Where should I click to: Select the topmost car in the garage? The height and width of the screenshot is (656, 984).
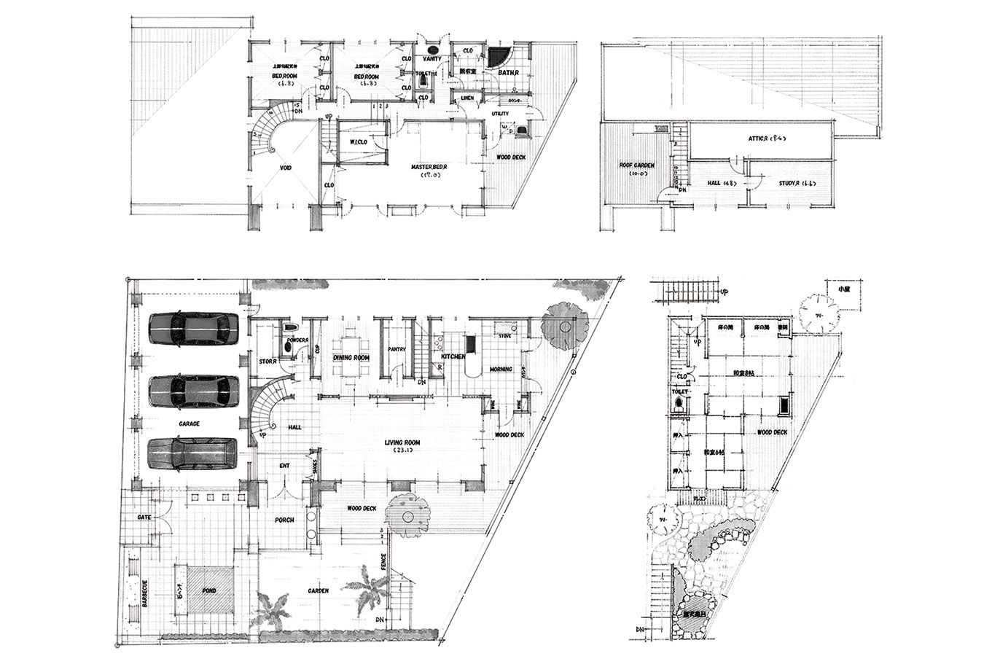pos(194,328)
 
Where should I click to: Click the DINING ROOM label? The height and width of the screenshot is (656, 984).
pos(352,358)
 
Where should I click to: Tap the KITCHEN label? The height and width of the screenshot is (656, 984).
pos(453,356)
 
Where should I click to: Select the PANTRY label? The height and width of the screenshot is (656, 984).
pos(397,349)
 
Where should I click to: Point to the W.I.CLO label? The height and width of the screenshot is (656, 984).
pos(359,142)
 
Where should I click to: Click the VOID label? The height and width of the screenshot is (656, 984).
pos(286,168)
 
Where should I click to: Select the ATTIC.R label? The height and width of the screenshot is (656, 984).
pos(762,138)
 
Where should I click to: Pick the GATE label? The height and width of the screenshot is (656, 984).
pos(144,517)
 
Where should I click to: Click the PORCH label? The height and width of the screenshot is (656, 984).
pos(284,520)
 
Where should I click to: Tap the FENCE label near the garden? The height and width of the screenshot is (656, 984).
pos(383,562)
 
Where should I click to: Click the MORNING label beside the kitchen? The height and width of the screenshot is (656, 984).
pos(501,370)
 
